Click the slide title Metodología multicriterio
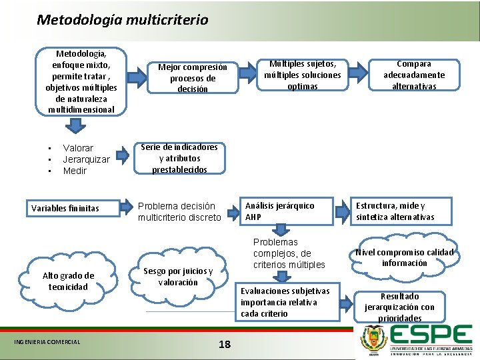[x=123, y=20]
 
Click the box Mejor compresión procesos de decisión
[x=192, y=78]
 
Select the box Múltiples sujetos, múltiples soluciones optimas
[x=302, y=75]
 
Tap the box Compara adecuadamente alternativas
[x=414, y=75]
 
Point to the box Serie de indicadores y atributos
[x=179, y=159]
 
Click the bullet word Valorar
[x=78, y=148]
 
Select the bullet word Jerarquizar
[x=86, y=159]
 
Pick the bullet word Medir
[x=75, y=171]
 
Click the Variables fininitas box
[x=65, y=209]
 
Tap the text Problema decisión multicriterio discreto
[x=179, y=212]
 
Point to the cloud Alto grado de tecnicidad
[x=68, y=281]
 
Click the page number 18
[x=225, y=344]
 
